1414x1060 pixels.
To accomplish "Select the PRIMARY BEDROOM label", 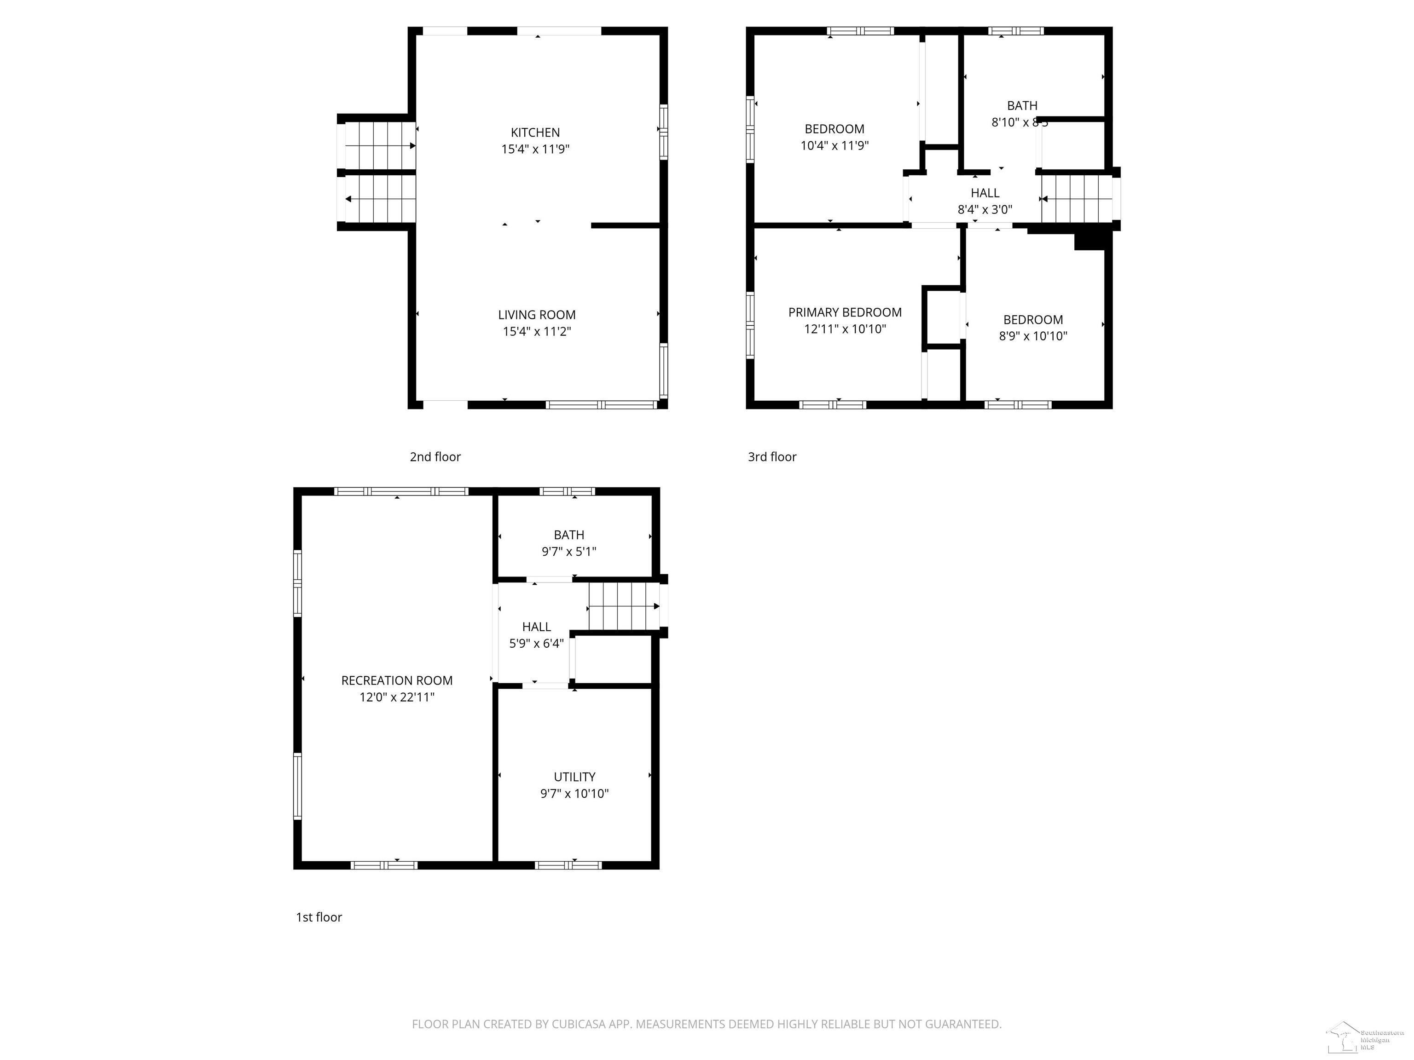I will coord(845,312).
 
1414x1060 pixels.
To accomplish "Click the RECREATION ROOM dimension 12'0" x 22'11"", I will coord(396,697).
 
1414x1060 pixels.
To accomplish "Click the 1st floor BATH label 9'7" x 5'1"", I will coord(568,543).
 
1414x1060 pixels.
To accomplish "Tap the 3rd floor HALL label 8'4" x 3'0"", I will coord(985,201).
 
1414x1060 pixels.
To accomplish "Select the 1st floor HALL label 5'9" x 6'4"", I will coord(536,635).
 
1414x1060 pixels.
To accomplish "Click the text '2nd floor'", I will coord(435,457).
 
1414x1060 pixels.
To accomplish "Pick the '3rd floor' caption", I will coord(771,457).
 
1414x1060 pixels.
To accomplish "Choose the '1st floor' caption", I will coord(319,917).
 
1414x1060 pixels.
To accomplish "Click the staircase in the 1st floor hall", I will coord(623,606).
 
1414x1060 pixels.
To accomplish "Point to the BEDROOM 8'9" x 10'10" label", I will coord(1032,328).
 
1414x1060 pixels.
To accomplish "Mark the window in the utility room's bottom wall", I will coord(568,865).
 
